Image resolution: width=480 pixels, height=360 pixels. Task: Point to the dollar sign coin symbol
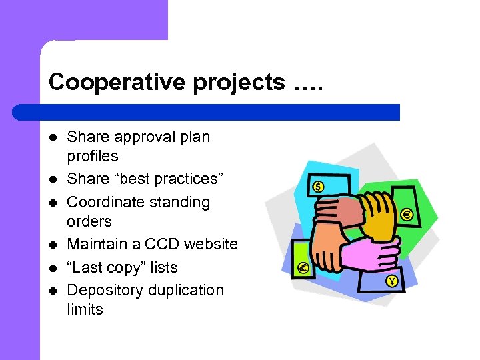click(x=318, y=187)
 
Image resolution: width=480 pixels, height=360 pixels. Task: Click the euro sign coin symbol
click(x=406, y=215)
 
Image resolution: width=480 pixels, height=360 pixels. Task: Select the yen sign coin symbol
click(x=391, y=281)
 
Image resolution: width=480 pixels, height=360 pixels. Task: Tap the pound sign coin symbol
click(x=303, y=268)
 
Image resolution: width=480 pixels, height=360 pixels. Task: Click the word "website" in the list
click(x=211, y=244)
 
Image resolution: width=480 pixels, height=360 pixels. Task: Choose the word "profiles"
click(x=93, y=156)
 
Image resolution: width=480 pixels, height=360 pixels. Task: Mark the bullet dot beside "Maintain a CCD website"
click(x=53, y=245)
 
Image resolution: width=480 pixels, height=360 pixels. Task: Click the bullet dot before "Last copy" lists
click(x=53, y=267)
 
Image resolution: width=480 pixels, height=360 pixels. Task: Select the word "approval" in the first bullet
click(x=139, y=137)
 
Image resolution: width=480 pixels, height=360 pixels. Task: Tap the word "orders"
click(x=89, y=221)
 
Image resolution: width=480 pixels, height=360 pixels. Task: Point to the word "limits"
click(x=85, y=309)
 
